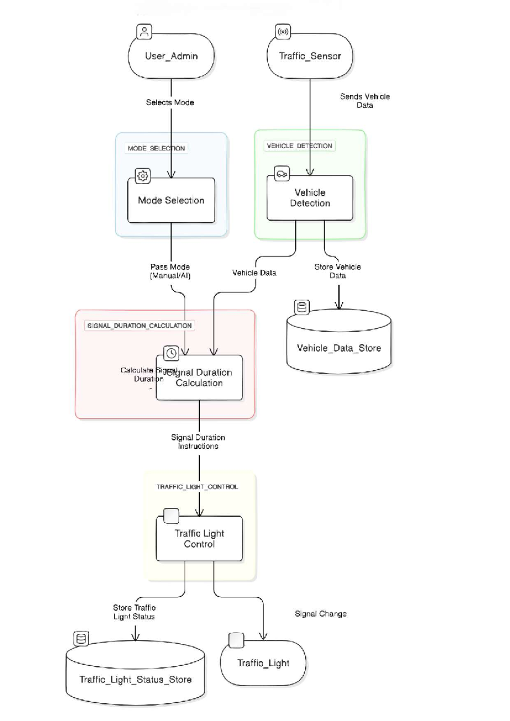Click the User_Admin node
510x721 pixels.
pos(171,56)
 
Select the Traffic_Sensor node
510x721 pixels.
pos(310,56)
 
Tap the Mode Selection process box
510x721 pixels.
pos(171,200)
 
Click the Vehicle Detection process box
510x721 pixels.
pos(310,198)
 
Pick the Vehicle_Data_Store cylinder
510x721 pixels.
pos(339,348)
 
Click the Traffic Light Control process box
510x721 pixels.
pos(199,539)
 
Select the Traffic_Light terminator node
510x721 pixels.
pos(263,663)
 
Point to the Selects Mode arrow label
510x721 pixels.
pos(170,102)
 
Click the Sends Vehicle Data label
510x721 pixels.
pos(365,101)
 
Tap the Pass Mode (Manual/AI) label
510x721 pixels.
pos(170,271)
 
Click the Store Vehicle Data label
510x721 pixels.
pos(337,271)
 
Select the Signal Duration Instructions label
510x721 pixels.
pos(198,442)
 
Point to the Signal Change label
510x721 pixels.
pos(320,614)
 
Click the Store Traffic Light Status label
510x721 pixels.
pos(134,612)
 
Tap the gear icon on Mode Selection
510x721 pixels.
pos(143,176)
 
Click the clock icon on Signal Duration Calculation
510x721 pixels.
pos(171,353)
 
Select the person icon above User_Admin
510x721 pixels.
pos(144,31)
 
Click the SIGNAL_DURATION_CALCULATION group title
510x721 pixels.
pos(139,326)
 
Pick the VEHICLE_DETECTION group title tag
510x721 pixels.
pos(299,146)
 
